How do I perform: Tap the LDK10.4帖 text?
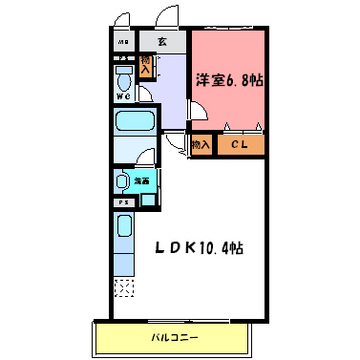(200, 247)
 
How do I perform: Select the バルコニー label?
(172, 338)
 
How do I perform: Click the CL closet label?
(240, 145)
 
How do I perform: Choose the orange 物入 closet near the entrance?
(146, 66)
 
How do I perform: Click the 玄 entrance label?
(162, 42)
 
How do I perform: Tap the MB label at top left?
(124, 43)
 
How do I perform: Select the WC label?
(124, 95)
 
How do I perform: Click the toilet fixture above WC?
(124, 74)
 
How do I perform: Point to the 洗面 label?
(141, 180)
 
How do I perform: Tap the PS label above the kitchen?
(123, 202)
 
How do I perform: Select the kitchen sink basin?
(123, 227)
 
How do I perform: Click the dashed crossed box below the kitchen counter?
(123, 286)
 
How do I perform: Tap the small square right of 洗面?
(147, 199)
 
